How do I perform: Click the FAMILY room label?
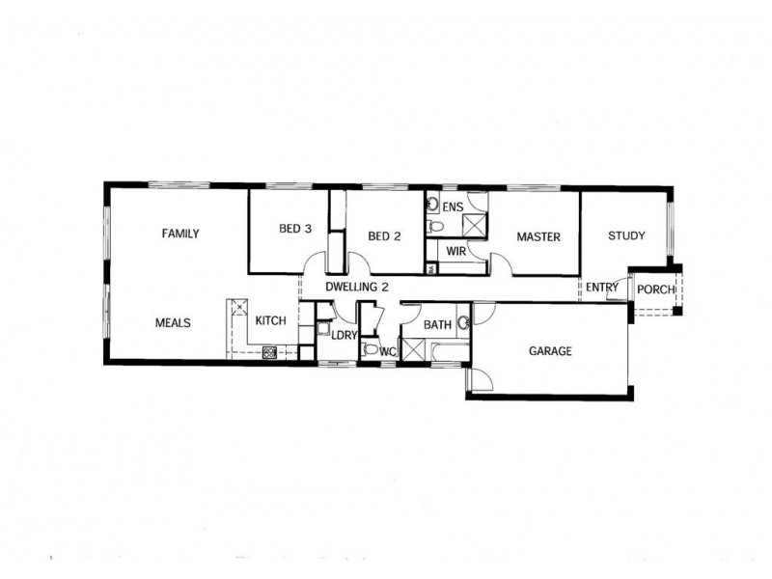click(x=180, y=234)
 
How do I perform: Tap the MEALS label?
click(x=173, y=323)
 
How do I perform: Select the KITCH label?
click(x=271, y=321)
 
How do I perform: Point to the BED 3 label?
click(x=295, y=229)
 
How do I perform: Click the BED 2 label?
click(x=384, y=236)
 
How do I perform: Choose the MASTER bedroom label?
click(x=538, y=236)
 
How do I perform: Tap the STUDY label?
click(x=626, y=235)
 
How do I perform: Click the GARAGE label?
click(x=550, y=351)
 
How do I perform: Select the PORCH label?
click(x=655, y=289)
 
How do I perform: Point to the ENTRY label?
click(x=601, y=287)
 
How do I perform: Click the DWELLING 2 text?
click(x=357, y=287)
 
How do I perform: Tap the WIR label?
click(x=455, y=252)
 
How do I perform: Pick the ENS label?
click(x=453, y=207)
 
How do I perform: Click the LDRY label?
click(x=344, y=335)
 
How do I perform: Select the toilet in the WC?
click(x=370, y=349)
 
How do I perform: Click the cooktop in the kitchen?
click(x=270, y=352)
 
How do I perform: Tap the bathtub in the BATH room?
click(x=450, y=351)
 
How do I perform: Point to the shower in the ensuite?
click(x=474, y=226)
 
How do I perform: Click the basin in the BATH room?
click(x=463, y=323)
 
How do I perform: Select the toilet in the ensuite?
click(x=436, y=227)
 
